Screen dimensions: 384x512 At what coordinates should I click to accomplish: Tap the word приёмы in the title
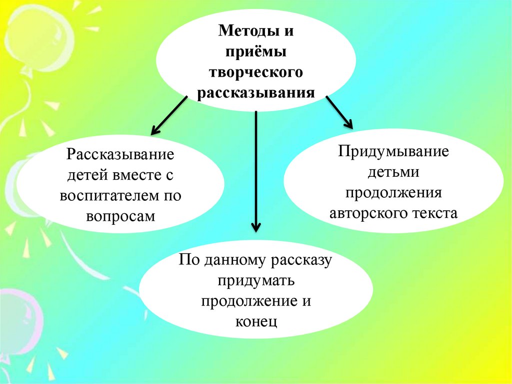pos(255,53)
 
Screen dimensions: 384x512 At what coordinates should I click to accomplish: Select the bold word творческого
pos(255,73)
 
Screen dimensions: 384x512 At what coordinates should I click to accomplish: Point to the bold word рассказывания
pos(255,93)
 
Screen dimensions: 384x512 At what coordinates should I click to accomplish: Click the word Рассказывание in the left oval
pos(120,154)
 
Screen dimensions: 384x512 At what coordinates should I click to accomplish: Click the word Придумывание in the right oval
pos(393,151)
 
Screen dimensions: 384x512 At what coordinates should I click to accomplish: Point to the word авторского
pos(367,214)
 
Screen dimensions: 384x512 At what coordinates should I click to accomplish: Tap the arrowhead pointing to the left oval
pos(155,130)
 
